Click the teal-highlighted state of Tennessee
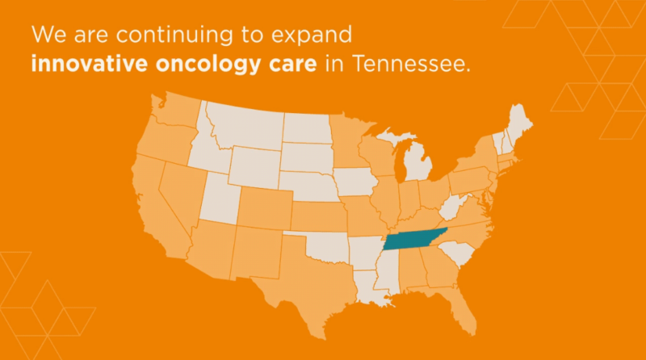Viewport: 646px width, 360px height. click(414, 240)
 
